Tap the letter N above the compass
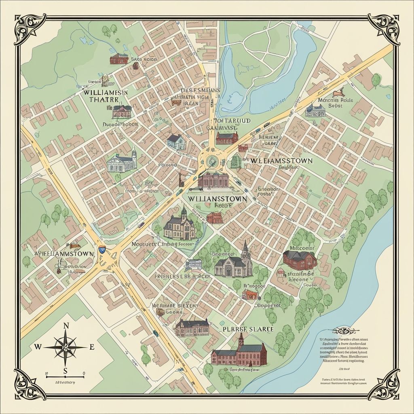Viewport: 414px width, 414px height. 66,326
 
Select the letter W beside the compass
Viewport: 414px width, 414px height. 38,347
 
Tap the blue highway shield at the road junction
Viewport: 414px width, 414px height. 101,250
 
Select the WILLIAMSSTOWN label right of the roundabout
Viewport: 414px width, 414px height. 281,161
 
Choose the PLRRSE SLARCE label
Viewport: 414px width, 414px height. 248,329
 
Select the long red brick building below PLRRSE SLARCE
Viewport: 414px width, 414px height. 239,353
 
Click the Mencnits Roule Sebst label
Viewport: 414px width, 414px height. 325,102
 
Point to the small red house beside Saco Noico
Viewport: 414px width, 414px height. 118,59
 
